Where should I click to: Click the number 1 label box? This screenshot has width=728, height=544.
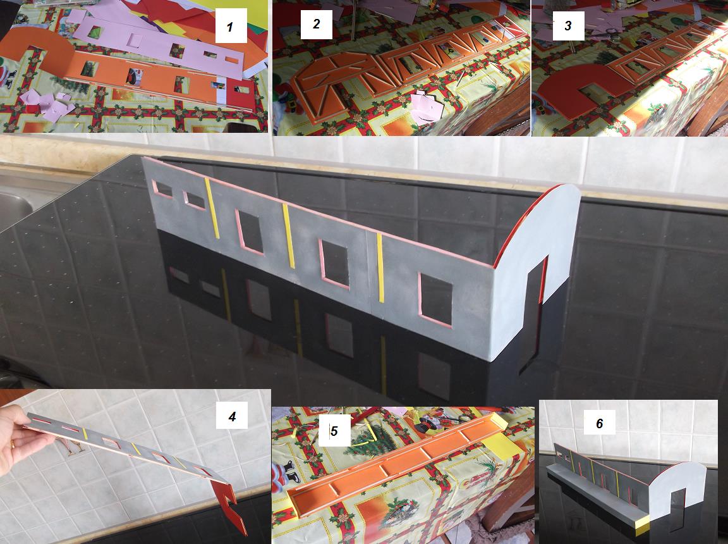click(231, 27)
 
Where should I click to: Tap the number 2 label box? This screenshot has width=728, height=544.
click(316, 24)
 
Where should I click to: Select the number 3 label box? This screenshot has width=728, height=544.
click(568, 25)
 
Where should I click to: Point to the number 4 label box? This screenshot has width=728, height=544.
click(232, 416)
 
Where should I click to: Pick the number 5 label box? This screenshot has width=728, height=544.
click(334, 431)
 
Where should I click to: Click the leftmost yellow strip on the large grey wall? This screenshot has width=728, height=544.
click(212, 207)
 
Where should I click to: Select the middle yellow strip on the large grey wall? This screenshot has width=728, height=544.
click(288, 235)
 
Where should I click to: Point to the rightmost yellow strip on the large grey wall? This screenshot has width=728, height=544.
click(380, 268)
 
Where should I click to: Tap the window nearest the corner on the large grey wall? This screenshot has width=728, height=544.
click(435, 300)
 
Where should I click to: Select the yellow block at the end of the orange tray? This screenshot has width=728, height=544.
click(501, 439)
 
